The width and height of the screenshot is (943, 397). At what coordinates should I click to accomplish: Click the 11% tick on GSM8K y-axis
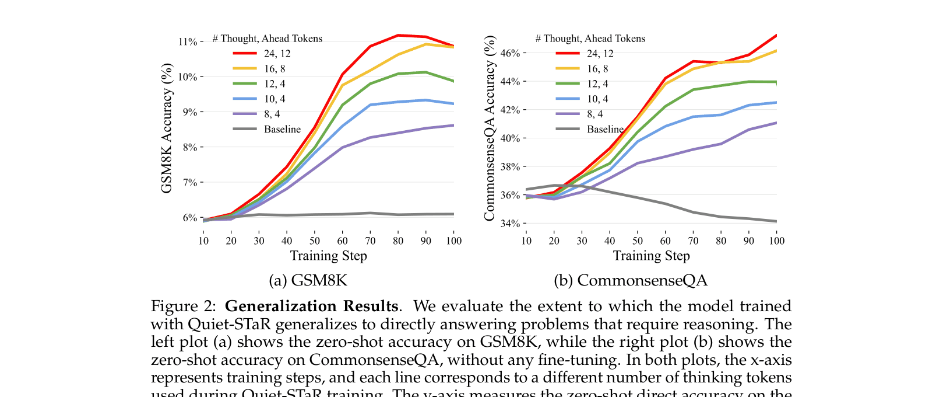pyautogui.click(x=188, y=41)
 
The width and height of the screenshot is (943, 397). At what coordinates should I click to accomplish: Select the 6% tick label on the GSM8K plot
pyautogui.click(x=189, y=218)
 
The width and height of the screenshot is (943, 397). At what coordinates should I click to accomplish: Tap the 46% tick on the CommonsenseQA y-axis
pyautogui.click(x=511, y=53)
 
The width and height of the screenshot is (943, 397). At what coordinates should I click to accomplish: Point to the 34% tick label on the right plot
pyautogui.click(x=511, y=224)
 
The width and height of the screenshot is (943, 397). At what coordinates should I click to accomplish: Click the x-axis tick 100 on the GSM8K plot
pyautogui.click(x=453, y=241)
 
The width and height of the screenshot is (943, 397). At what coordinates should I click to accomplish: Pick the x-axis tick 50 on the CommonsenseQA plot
pyautogui.click(x=638, y=241)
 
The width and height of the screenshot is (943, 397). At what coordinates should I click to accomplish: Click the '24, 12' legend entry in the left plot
pyautogui.click(x=277, y=54)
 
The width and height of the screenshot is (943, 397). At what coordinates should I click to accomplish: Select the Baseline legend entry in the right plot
pyautogui.click(x=605, y=129)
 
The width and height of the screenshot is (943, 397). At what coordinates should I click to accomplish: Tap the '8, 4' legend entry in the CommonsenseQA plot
pyautogui.click(x=594, y=114)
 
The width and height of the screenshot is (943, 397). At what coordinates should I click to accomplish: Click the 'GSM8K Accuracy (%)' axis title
pyautogui.click(x=167, y=128)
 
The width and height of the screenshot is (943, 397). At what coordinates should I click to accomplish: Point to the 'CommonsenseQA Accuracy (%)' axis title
pyautogui.click(x=490, y=128)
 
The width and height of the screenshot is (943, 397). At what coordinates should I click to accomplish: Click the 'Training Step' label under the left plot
pyautogui.click(x=328, y=256)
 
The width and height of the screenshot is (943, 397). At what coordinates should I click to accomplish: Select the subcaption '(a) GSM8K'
pyautogui.click(x=308, y=281)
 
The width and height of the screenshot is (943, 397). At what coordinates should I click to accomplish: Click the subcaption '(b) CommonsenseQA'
pyautogui.click(x=630, y=281)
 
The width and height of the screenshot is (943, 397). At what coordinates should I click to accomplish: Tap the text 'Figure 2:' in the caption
pyautogui.click(x=183, y=307)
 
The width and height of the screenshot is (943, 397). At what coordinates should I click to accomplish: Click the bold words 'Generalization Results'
pyautogui.click(x=312, y=307)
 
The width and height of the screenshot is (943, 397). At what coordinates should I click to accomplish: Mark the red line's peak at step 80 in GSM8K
pyautogui.click(x=398, y=35)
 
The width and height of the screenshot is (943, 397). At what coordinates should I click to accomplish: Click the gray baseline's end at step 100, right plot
pyautogui.click(x=776, y=221)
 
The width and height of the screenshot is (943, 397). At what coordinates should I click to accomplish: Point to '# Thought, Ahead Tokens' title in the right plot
pyautogui.click(x=590, y=39)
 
